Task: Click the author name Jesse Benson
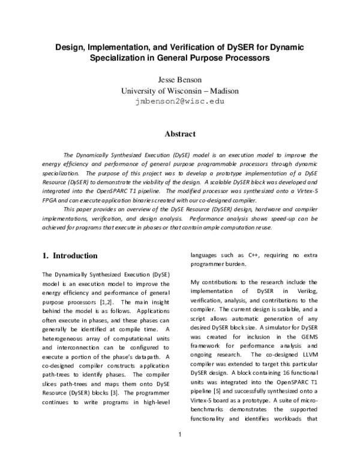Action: pyautogui.click(x=181, y=80)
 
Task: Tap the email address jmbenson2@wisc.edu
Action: pyautogui.click(x=181, y=101)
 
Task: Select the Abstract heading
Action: pyautogui.click(x=181, y=135)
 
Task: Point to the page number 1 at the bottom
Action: pyautogui.click(x=180, y=450)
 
